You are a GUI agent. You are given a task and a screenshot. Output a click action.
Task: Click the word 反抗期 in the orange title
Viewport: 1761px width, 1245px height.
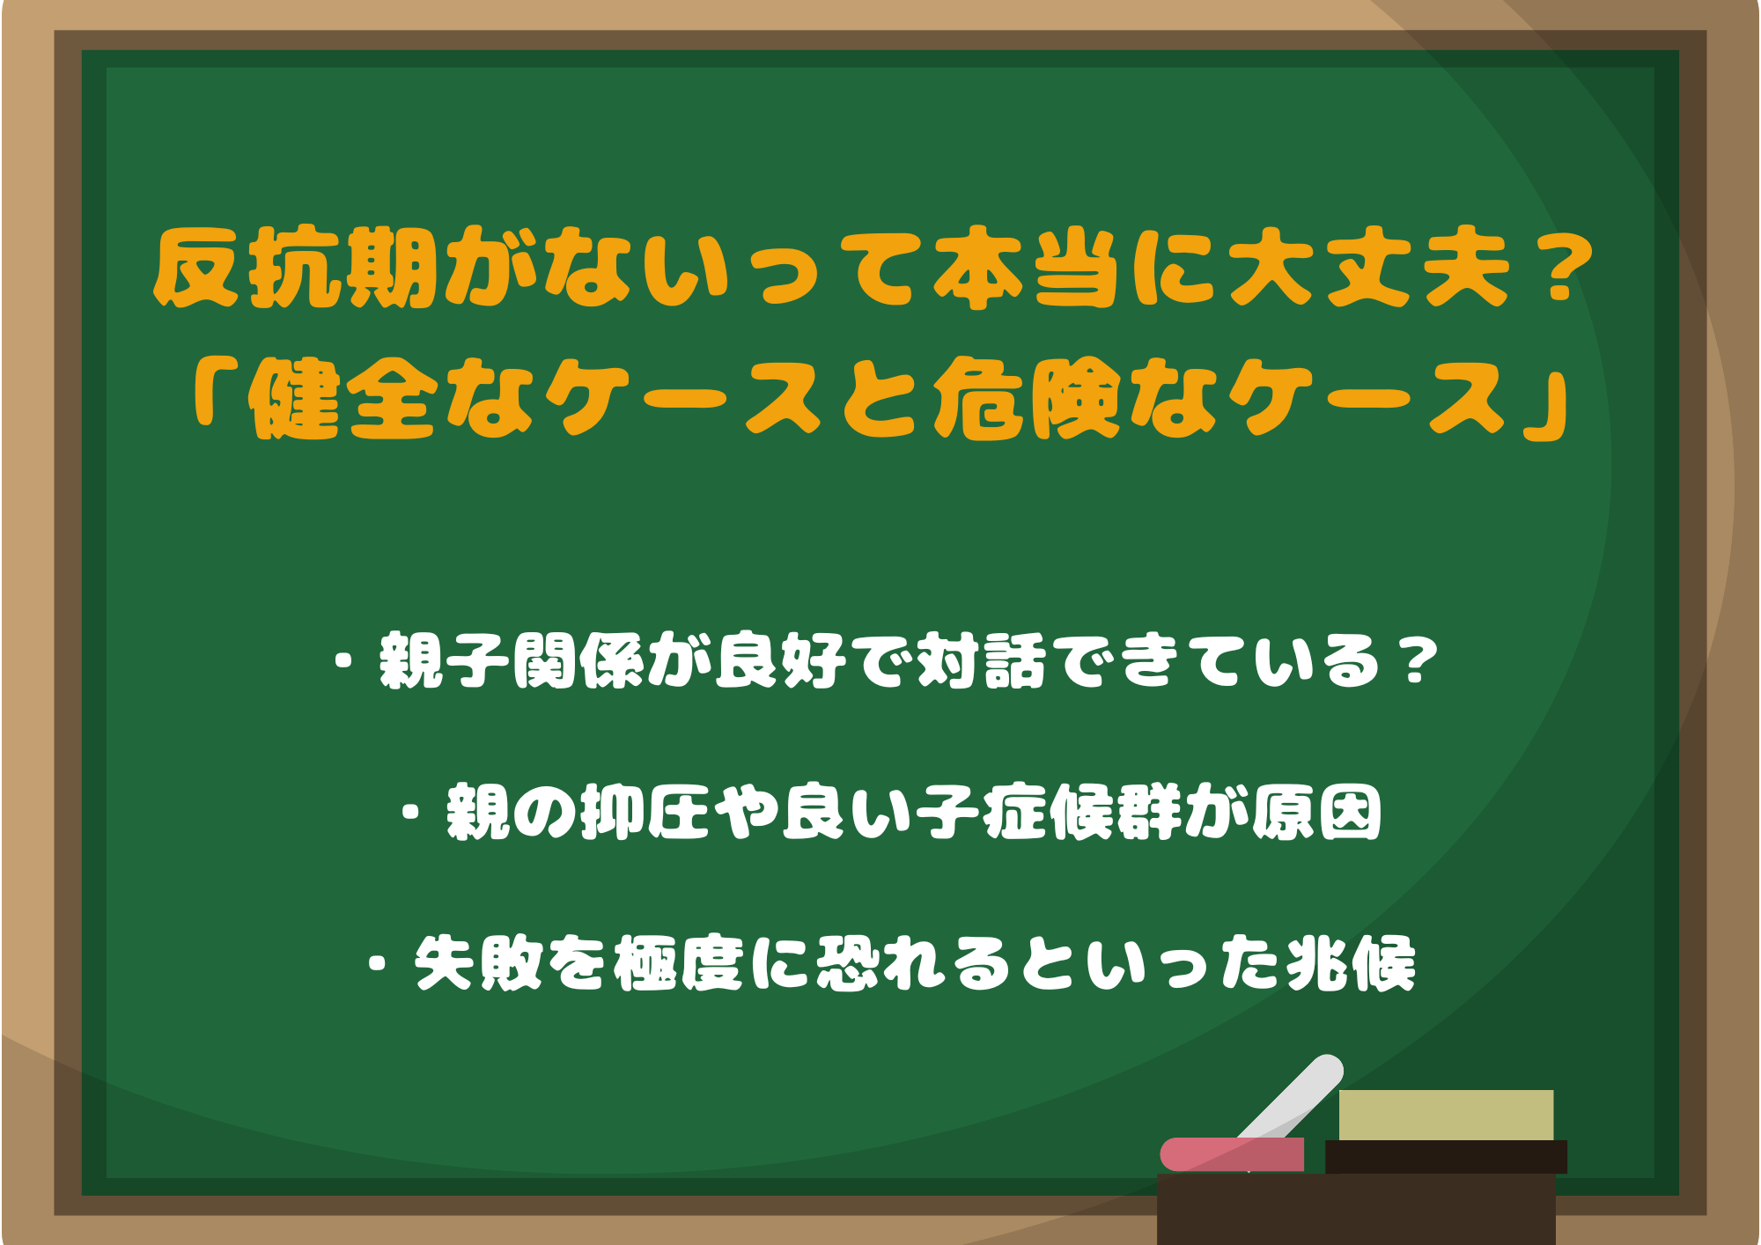tap(295, 268)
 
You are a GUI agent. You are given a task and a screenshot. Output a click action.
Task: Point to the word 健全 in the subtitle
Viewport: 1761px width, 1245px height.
tap(343, 400)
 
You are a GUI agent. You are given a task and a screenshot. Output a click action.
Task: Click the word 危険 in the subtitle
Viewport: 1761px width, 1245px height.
tap(1026, 400)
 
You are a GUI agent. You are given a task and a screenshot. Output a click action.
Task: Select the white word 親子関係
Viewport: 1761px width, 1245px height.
tap(511, 661)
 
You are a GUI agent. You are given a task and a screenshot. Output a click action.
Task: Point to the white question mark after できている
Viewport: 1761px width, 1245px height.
tap(1418, 661)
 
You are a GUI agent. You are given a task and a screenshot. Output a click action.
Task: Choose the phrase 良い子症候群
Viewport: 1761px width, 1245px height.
tap(982, 813)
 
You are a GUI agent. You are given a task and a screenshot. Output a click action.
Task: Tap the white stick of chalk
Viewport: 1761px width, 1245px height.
tap(1294, 1096)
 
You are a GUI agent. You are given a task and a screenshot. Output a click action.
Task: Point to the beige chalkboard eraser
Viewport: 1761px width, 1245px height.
tap(1446, 1116)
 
